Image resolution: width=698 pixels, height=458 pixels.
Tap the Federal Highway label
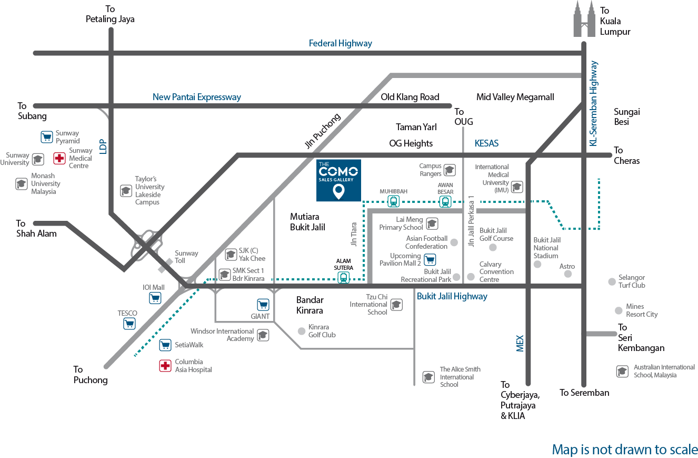click(x=340, y=44)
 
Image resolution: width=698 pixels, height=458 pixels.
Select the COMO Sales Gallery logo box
click(x=338, y=180)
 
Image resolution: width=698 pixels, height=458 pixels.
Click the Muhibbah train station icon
click(x=393, y=201)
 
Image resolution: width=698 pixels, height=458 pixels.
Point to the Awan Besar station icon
click(x=445, y=201)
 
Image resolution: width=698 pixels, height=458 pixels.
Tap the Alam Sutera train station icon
click(x=344, y=277)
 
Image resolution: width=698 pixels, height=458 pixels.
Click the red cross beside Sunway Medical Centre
click(x=60, y=158)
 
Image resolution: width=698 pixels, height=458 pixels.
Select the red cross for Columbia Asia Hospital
click(x=165, y=366)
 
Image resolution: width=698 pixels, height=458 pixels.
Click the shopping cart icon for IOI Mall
click(x=155, y=298)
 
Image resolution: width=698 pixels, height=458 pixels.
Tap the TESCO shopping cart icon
click(x=129, y=324)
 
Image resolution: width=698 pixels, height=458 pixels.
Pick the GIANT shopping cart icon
click(x=263, y=305)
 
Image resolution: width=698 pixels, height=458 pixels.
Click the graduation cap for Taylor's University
click(x=126, y=190)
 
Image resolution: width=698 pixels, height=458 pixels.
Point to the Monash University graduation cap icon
click(x=22, y=184)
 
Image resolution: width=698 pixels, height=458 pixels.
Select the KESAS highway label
click(x=486, y=143)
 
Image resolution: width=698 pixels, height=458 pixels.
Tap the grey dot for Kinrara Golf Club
click(x=301, y=331)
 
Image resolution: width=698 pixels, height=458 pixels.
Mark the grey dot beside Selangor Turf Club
click(x=612, y=281)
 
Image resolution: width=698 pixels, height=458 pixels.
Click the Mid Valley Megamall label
click(x=515, y=97)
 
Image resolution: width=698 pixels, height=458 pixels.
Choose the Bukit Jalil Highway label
click(x=452, y=296)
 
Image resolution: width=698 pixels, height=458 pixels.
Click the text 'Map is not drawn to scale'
click(x=625, y=450)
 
